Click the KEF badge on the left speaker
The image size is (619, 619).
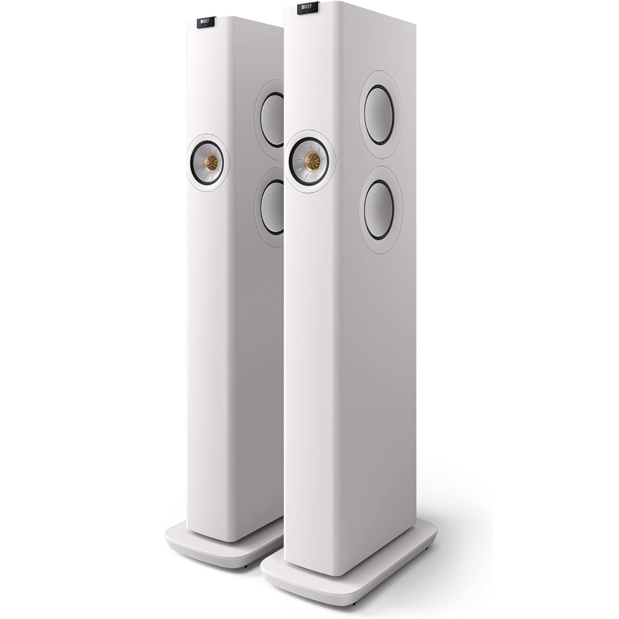click(206, 22)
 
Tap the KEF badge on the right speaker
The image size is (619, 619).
click(308, 8)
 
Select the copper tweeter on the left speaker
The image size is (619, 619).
click(210, 162)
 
